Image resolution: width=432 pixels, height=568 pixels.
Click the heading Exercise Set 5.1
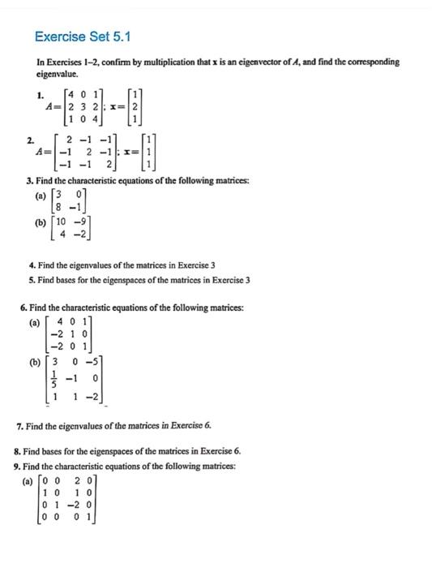(x=83, y=37)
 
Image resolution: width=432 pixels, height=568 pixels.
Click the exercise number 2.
(x=30, y=139)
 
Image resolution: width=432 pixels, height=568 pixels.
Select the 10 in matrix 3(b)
(x=62, y=222)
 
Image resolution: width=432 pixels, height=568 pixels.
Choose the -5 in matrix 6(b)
(x=94, y=359)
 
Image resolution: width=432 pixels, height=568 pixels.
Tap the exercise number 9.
(x=18, y=466)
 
